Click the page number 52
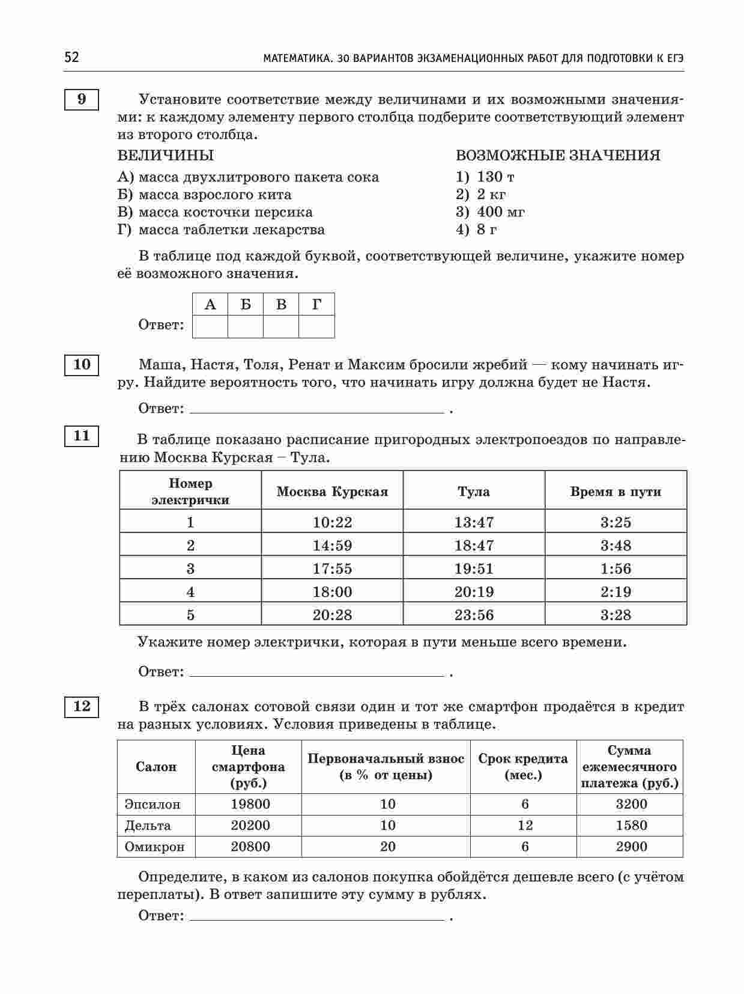71,58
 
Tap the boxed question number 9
81,99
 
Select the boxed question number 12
81,706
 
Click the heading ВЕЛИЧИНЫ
165,156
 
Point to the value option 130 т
495,177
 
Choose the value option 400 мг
500,212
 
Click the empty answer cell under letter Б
246,326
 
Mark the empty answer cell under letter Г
316,326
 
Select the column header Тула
474,492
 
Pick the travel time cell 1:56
615,569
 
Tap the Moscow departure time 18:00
332,592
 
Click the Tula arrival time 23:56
474,615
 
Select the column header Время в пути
615,492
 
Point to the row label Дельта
148,825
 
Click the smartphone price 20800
250,847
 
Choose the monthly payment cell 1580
631,825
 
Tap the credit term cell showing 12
525,825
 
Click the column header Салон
156,767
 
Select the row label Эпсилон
152,804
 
